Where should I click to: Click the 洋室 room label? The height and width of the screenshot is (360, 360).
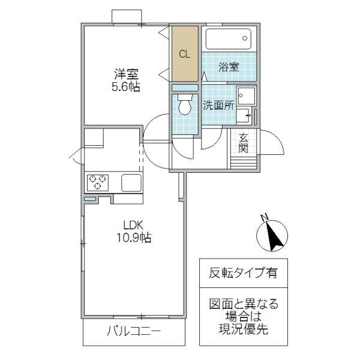(127, 75)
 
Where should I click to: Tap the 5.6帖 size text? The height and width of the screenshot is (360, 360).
(127, 88)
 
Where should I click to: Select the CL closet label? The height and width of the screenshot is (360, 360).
(184, 54)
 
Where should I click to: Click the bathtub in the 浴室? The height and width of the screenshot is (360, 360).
(229, 40)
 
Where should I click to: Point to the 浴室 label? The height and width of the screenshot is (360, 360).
(229, 67)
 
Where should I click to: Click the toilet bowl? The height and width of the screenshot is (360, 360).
(185, 109)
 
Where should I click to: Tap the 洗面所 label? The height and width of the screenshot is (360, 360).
(217, 106)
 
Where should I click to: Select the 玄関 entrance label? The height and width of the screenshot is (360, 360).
(244, 143)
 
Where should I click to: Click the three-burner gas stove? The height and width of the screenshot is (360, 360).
(98, 182)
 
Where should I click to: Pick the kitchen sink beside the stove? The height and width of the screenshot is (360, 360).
(131, 182)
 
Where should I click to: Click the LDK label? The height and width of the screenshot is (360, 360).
(133, 226)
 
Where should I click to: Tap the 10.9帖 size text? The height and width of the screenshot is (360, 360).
(133, 238)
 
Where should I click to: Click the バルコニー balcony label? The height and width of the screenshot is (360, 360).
(134, 331)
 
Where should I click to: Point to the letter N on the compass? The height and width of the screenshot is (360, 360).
(264, 217)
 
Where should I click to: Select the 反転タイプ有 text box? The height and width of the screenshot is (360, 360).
(243, 273)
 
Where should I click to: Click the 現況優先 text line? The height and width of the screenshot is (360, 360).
(243, 329)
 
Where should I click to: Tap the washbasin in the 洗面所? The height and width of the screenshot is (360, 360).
(245, 95)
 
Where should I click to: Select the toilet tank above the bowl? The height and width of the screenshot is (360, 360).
(185, 96)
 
